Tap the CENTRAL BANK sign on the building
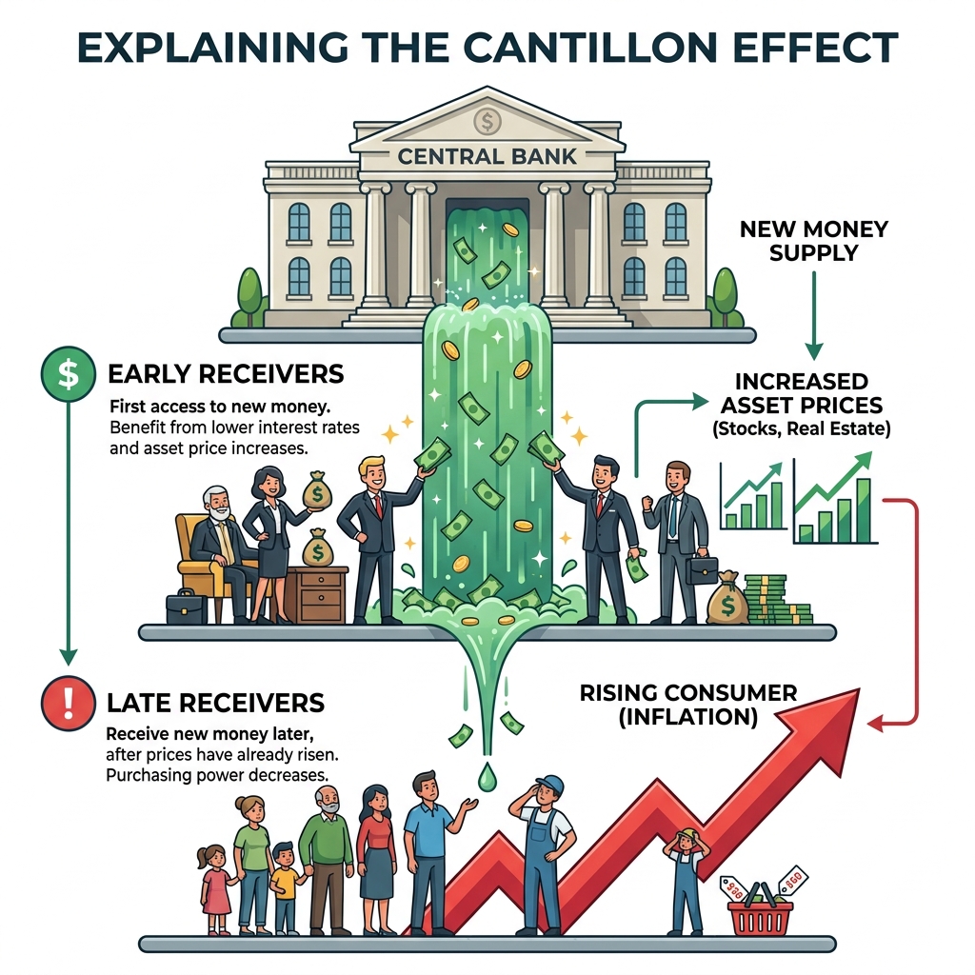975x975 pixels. (x=487, y=156)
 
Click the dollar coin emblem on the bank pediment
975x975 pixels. (x=487, y=121)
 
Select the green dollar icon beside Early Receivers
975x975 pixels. (x=68, y=373)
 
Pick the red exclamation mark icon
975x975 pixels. (x=68, y=703)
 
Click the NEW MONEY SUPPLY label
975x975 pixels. (x=814, y=241)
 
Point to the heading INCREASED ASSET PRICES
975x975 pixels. (x=802, y=393)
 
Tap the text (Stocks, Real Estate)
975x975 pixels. (x=802, y=429)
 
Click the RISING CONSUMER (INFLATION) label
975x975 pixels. (x=688, y=705)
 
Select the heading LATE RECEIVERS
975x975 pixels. (x=215, y=703)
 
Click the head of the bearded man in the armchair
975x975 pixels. (x=215, y=504)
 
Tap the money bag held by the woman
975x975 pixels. (x=317, y=491)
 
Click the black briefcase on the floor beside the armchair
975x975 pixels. (x=187, y=607)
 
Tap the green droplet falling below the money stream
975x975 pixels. (x=487, y=777)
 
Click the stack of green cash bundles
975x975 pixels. (x=777, y=600)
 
